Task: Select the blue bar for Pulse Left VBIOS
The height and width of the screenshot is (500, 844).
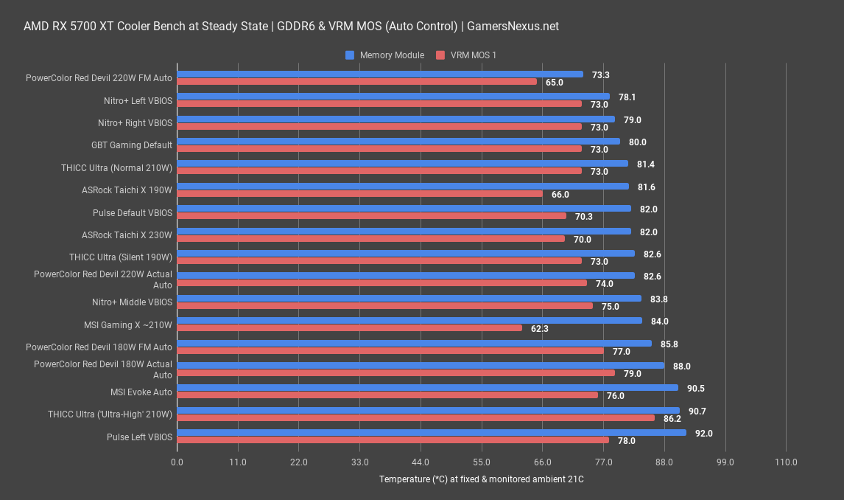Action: click(431, 433)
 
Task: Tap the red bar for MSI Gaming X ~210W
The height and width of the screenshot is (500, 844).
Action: click(349, 328)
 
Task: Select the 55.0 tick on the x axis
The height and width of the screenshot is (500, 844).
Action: click(482, 462)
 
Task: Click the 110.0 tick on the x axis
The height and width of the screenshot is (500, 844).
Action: click(786, 462)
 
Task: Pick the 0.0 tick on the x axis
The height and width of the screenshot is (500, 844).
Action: click(177, 462)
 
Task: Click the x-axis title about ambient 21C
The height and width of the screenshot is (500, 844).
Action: click(481, 479)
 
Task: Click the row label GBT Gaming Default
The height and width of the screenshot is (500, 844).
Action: click(132, 145)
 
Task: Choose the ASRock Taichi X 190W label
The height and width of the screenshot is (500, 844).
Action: click(127, 190)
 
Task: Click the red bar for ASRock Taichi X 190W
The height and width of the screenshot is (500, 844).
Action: click(359, 194)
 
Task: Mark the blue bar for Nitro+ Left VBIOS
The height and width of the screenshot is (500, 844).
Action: click(393, 96)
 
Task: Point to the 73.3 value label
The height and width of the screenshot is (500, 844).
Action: click(601, 75)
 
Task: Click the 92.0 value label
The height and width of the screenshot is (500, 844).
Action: click(704, 433)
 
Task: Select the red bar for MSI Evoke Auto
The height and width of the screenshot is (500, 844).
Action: click(387, 395)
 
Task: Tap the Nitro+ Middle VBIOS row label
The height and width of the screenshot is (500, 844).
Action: click(132, 302)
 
